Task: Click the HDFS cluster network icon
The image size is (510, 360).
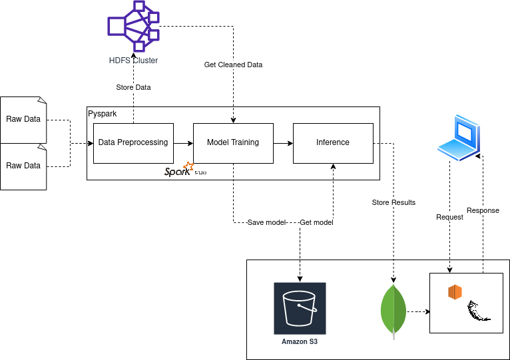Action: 134,27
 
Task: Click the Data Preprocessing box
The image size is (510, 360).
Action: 133,142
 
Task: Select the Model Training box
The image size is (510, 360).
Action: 233,142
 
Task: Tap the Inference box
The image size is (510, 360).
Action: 333,142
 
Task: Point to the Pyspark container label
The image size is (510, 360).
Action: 103,114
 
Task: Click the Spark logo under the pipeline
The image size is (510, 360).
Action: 179,170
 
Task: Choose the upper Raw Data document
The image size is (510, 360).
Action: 23,120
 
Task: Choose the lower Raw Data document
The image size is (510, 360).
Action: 23,166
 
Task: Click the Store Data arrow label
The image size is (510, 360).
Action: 133,87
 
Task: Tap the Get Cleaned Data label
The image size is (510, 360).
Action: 233,65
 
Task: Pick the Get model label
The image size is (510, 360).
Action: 316,222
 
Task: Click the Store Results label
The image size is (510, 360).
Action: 393,202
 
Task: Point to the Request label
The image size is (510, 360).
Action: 449,217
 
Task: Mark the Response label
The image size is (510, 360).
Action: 483,210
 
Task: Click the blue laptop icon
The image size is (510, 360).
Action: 459,137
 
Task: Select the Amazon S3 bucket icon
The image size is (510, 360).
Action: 300,308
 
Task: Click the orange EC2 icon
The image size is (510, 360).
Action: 455,292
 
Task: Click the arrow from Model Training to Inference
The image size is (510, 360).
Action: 283,142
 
